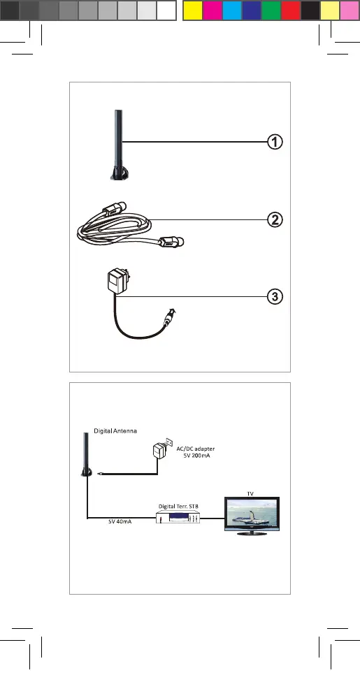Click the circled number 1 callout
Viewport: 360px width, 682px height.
(275, 142)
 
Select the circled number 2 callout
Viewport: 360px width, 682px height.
(275, 219)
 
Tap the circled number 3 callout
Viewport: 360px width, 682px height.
(275, 297)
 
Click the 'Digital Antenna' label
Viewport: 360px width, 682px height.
(115, 431)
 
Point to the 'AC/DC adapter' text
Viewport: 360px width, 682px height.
(196, 449)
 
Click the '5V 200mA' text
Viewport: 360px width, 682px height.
(196, 456)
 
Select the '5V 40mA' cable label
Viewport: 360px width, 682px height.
(120, 521)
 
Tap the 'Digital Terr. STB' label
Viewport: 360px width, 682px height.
(178, 507)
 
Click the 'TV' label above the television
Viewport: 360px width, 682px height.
(250, 493)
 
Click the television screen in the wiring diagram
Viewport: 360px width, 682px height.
(251, 513)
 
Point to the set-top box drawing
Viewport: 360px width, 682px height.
(178, 518)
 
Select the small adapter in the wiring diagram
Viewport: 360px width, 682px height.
(159, 450)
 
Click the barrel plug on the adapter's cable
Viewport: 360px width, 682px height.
(168, 318)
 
